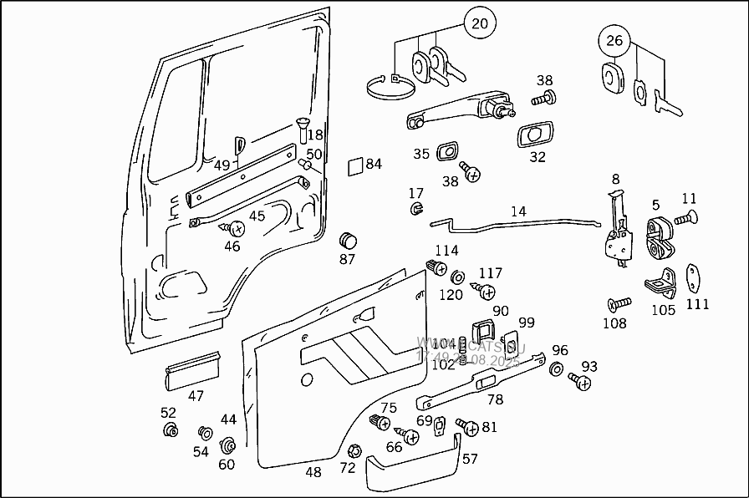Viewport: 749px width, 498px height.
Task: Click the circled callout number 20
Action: (x=479, y=23)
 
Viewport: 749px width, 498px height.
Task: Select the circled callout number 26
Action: (x=614, y=39)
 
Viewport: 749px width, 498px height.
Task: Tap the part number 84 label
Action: (x=373, y=164)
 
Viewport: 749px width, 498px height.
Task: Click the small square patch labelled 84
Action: (x=354, y=165)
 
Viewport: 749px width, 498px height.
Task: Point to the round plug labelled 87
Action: (x=347, y=240)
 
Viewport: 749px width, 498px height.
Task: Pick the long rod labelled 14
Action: (x=518, y=223)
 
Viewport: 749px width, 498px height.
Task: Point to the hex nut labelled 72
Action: (x=353, y=450)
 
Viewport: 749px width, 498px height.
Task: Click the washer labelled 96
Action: (x=557, y=368)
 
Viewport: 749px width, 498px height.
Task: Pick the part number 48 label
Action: (x=313, y=472)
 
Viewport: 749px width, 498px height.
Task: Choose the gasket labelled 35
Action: (x=449, y=152)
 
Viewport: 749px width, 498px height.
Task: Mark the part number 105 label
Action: (x=663, y=310)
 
